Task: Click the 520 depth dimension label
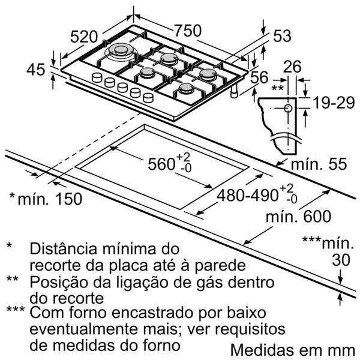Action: click(83, 37)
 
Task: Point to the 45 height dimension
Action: click(37, 70)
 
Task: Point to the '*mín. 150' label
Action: click(46, 199)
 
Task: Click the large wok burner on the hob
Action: click(122, 52)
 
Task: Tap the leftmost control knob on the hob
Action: click(97, 77)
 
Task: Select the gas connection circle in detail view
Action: click(287, 109)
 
